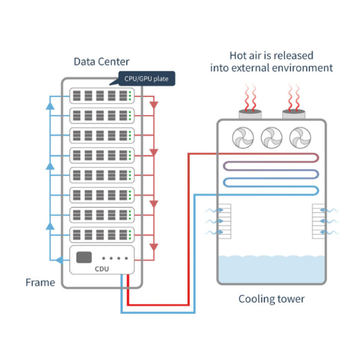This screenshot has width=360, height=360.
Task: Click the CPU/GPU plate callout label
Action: tap(147, 78)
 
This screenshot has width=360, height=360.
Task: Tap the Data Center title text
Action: tap(102, 62)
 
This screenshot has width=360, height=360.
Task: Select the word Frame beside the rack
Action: tap(40, 282)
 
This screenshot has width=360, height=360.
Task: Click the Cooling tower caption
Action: tap(271, 299)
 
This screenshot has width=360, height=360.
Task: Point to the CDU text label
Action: tap(102, 269)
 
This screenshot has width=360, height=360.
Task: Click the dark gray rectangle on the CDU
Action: tap(84, 257)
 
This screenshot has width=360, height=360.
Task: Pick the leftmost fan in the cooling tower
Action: tap(243, 138)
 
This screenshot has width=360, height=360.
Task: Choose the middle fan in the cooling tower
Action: tap(271, 138)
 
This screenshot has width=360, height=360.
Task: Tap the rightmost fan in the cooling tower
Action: tap(300, 138)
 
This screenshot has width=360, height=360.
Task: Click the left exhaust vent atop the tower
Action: tap(250, 114)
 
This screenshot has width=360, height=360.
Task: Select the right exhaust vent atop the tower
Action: tap(294, 114)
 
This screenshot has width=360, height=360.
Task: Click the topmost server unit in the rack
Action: tap(102, 96)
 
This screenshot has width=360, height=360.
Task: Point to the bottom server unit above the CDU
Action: tap(102, 235)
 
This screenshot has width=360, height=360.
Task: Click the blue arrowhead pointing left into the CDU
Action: tap(60, 260)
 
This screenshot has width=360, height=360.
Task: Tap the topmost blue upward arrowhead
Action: tap(50, 106)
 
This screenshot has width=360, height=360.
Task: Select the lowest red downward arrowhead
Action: tap(154, 248)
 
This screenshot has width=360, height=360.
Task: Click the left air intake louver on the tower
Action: tap(225, 221)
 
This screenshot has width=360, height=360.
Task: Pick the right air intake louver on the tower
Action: tap(318, 221)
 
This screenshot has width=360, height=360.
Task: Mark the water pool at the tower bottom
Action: tap(271, 269)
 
